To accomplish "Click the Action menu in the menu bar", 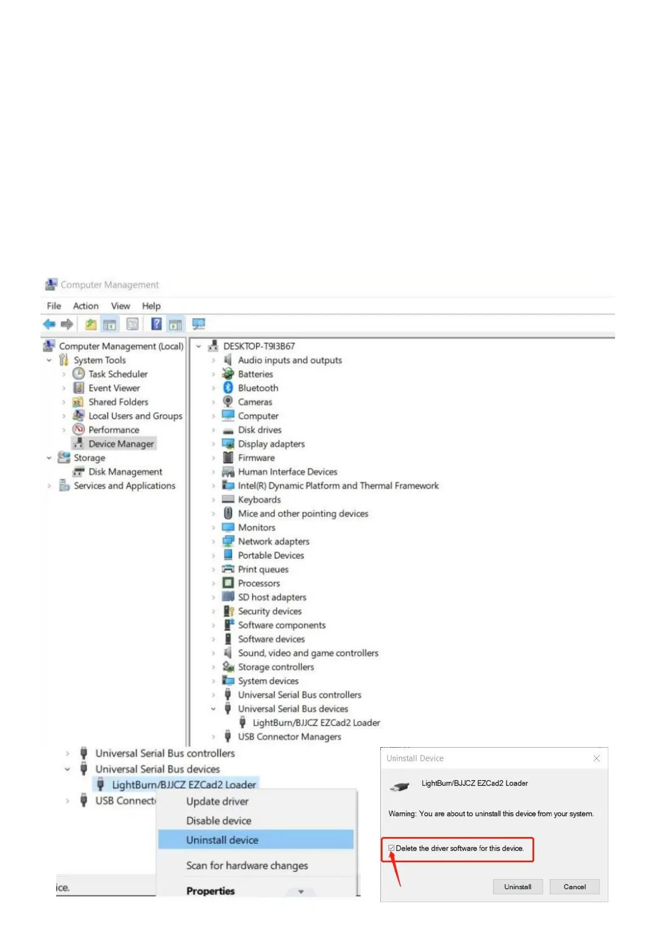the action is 85,306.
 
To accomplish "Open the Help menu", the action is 151,306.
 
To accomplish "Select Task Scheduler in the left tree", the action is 118,374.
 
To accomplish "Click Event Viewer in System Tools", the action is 114,388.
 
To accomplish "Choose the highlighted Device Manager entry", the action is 121,444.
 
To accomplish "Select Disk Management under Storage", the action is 125,472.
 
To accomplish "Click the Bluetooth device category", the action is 258,388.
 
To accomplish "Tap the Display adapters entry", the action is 271,444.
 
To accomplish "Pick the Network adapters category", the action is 274,542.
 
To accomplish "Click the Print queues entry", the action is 263,569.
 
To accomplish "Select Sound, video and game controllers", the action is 308,653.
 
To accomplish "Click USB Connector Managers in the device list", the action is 289,736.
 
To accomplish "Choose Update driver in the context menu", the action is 217,802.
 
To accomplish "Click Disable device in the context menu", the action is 219,821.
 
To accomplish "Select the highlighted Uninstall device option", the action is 222,840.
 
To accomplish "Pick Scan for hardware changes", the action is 247,866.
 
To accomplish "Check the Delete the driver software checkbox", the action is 392,848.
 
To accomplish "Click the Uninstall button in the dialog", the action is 517,886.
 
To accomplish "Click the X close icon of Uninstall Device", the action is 597,758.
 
